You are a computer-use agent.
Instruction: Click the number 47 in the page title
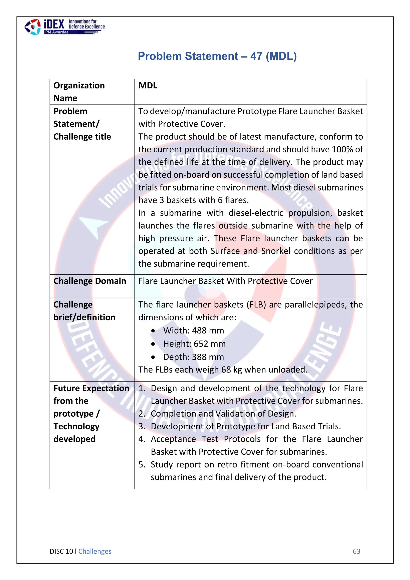(256, 56)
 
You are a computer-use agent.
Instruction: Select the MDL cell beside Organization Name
(148, 86)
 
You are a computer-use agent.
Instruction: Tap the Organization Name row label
(79, 92)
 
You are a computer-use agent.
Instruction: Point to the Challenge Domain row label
(90, 281)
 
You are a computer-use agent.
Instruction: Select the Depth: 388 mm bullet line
(193, 357)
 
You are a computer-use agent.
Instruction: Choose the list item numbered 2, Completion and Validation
(223, 414)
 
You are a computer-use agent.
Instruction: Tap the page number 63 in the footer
(356, 551)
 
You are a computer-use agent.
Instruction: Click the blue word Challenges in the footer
(95, 551)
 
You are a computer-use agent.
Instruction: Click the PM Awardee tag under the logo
(57, 32)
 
